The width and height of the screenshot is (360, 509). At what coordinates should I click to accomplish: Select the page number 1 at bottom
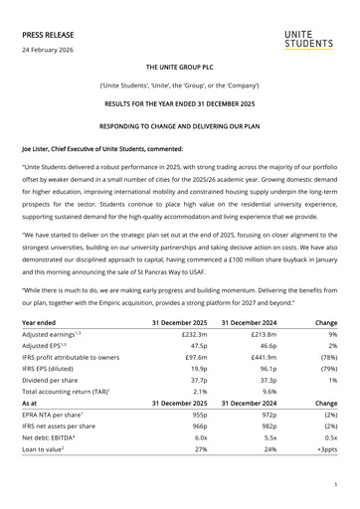tap(337, 484)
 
